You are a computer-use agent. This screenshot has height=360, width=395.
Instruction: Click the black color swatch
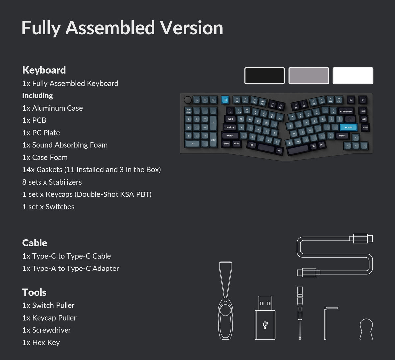tap(264, 76)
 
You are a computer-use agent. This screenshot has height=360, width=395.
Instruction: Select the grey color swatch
tap(308, 76)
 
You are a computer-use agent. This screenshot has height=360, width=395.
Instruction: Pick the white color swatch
tap(353, 76)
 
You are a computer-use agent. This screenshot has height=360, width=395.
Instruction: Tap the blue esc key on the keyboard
tap(225, 100)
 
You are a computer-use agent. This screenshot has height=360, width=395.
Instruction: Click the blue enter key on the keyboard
tap(348, 127)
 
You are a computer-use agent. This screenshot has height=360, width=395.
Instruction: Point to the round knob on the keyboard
tap(188, 100)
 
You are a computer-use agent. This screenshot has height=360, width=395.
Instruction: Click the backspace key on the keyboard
tap(346, 111)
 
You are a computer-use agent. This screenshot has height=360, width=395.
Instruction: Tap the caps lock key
tap(230, 127)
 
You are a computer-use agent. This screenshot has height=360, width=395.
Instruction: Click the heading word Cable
tap(35, 243)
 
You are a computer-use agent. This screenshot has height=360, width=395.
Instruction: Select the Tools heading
tap(34, 292)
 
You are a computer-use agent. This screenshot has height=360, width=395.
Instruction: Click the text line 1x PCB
tap(34, 120)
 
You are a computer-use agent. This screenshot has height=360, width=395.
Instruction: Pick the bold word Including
tap(38, 96)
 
